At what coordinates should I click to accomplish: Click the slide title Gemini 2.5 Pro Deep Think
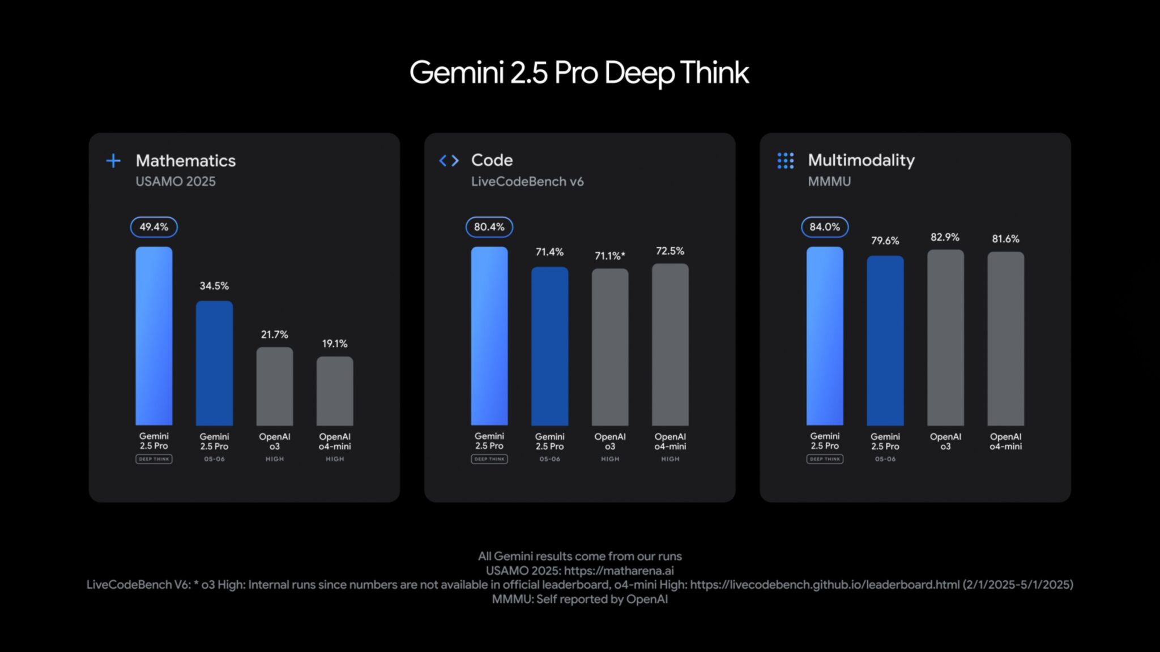click(x=579, y=73)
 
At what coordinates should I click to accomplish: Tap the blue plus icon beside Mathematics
click(x=113, y=161)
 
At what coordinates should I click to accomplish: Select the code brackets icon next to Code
click(x=449, y=161)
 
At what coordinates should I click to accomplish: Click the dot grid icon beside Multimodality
click(x=785, y=161)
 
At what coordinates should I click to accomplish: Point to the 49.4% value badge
click(x=153, y=227)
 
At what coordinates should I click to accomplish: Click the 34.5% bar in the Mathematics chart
click(x=214, y=363)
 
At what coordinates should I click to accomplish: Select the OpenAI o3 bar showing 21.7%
click(x=274, y=387)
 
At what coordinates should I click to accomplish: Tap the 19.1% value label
click(x=335, y=344)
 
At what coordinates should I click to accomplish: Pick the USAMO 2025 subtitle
click(x=176, y=182)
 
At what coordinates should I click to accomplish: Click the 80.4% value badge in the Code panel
click(x=489, y=227)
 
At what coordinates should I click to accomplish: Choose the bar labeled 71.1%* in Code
click(x=609, y=347)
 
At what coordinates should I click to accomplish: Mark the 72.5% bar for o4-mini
click(x=670, y=344)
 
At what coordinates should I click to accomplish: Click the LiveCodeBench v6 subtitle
click(x=527, y=182)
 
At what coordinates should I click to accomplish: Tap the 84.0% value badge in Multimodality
click(x=824, y=227)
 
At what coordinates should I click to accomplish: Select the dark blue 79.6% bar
click(x=885, y=340)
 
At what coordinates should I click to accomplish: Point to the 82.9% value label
click(x=945, y=237)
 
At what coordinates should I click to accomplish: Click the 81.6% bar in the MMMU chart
click(x=1005, y=338)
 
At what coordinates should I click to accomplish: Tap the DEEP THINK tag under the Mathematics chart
click(x=153, y=459)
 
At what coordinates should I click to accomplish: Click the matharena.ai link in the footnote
click(x=619, y=570)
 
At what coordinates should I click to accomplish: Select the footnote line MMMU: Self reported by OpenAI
click(x=579, y=599)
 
